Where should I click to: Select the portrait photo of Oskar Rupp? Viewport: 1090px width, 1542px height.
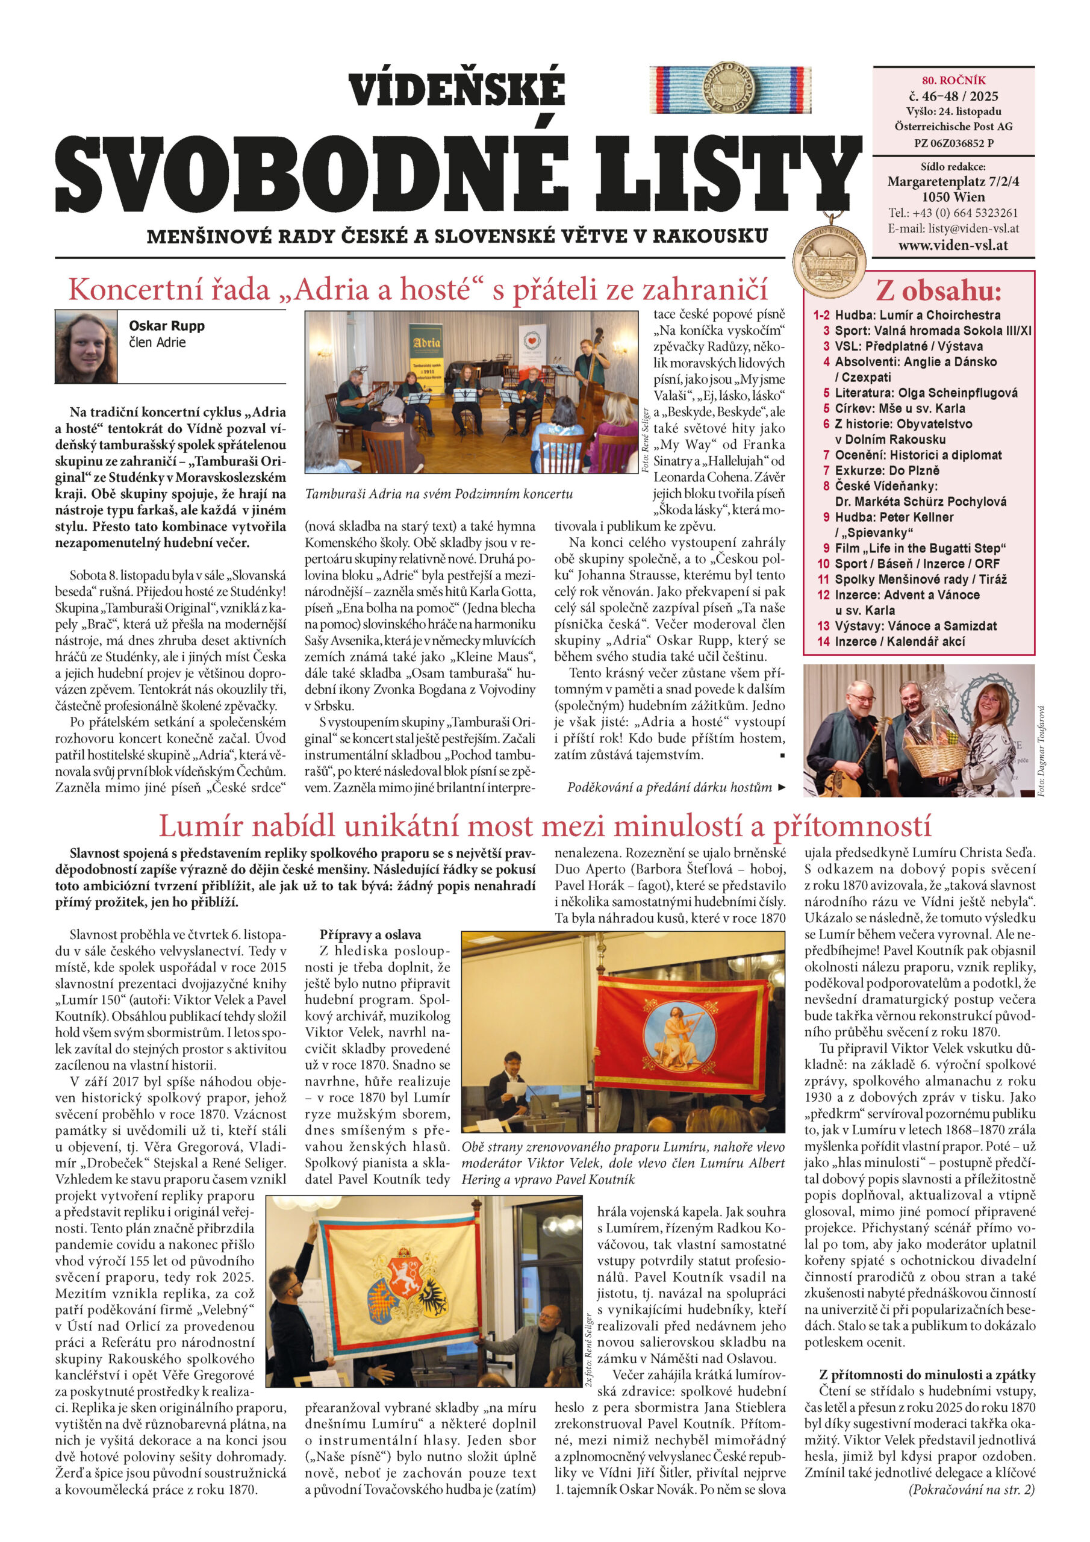(x=86, y=346)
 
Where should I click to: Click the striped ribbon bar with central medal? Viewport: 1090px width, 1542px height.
(x=730, y=91)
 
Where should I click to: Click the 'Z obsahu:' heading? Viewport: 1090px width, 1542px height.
(x=938, y=292)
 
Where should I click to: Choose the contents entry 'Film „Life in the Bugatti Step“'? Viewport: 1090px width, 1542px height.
(x=920, y=548)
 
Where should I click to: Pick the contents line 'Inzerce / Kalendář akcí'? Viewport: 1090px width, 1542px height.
(x=899, y=641)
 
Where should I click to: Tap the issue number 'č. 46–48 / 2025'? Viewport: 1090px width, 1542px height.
(x=953, y=96)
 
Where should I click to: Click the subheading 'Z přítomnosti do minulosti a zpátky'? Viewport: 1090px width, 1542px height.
(x=927, y=1374)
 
